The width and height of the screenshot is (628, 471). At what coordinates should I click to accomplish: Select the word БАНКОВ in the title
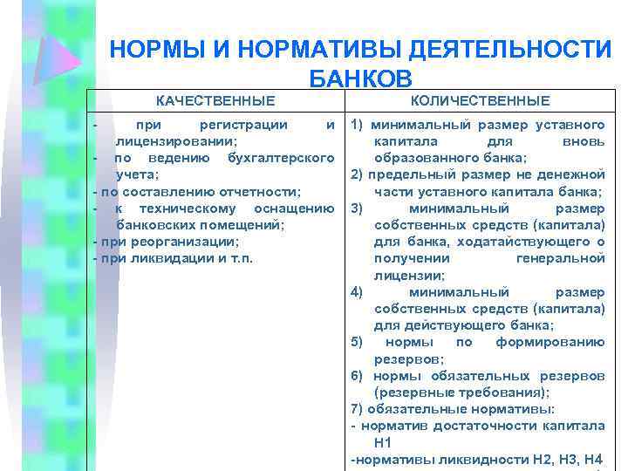(x=360, y=79)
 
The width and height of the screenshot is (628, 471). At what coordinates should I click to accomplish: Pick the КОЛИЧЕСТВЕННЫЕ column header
(x=480, y=101)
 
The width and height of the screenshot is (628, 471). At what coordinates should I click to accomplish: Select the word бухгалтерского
(x=281, y=158)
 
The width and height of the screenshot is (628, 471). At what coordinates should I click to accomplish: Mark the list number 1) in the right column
(x=358, y=125)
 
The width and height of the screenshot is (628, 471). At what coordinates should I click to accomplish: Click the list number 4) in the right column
(x=357, y=291)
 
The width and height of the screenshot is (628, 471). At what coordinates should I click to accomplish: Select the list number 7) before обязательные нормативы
(x=357, y=408)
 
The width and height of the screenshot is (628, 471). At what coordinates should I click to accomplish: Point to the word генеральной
(x=560, y=258)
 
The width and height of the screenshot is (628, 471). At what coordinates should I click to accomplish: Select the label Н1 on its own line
(x=383, y=442)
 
